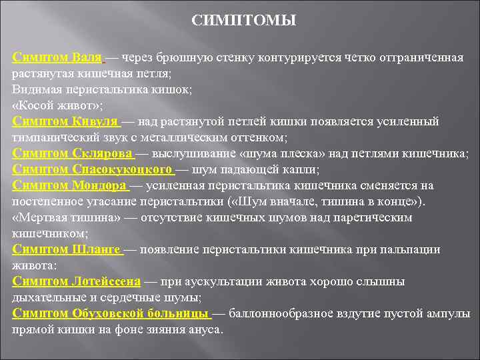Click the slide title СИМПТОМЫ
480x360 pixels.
244,21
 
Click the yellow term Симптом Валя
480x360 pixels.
57,57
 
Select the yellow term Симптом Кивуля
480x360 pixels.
65,122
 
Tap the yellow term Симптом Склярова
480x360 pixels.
73,154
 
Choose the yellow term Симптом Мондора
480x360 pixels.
69,186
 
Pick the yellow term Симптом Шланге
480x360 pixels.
66,250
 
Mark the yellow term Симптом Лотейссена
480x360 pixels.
77,282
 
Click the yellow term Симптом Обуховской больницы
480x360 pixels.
110,314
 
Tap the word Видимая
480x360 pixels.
37,90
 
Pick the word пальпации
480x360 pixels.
407,250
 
